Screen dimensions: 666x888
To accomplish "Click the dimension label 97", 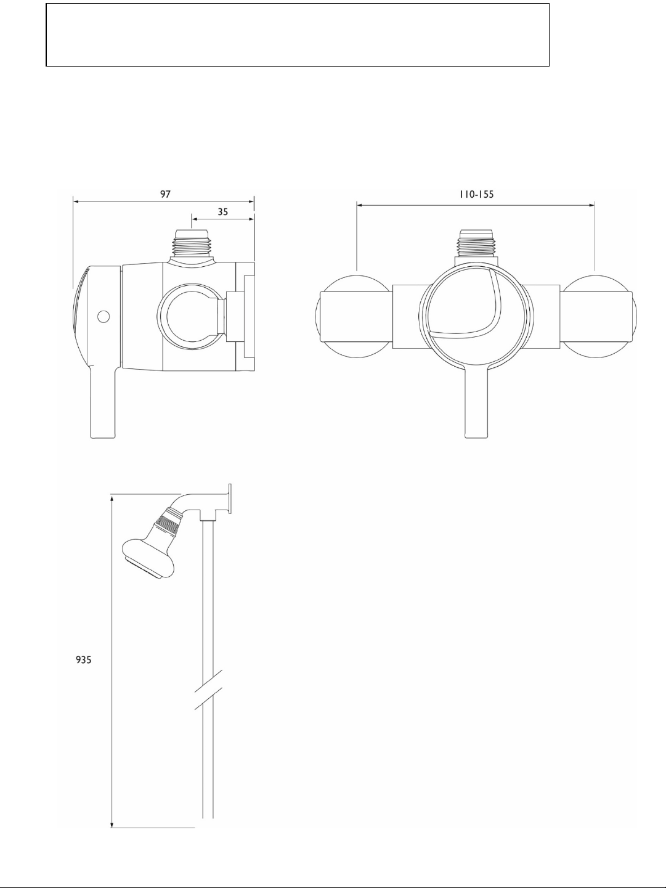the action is pyautogui.click(x=165, y=194).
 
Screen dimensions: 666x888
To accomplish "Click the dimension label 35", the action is pyautogui.click(x=223, y=211).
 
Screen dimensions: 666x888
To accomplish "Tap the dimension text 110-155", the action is pyautogui.click(x=476, y=194).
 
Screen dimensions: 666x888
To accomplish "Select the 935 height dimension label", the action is pyautogui.click(x=84, y=660).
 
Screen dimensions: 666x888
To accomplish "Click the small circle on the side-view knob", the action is pyautogui.click(x=104, y=316).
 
